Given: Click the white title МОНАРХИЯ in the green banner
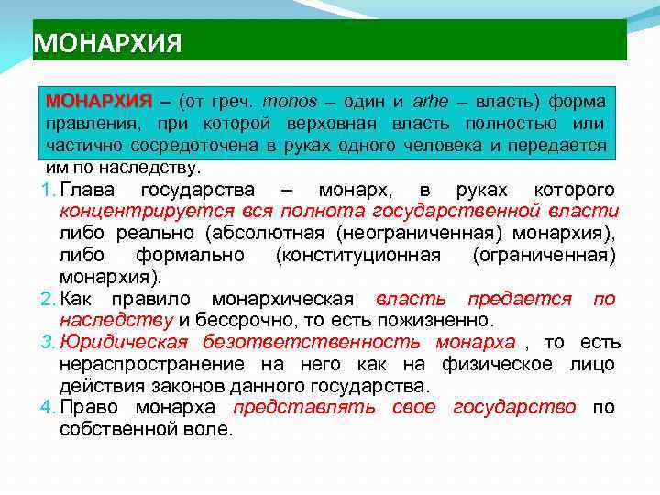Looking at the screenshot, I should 107,43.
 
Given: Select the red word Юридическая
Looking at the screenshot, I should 123,343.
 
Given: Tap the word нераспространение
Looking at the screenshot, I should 148,365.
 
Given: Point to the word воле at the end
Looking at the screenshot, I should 210,429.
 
